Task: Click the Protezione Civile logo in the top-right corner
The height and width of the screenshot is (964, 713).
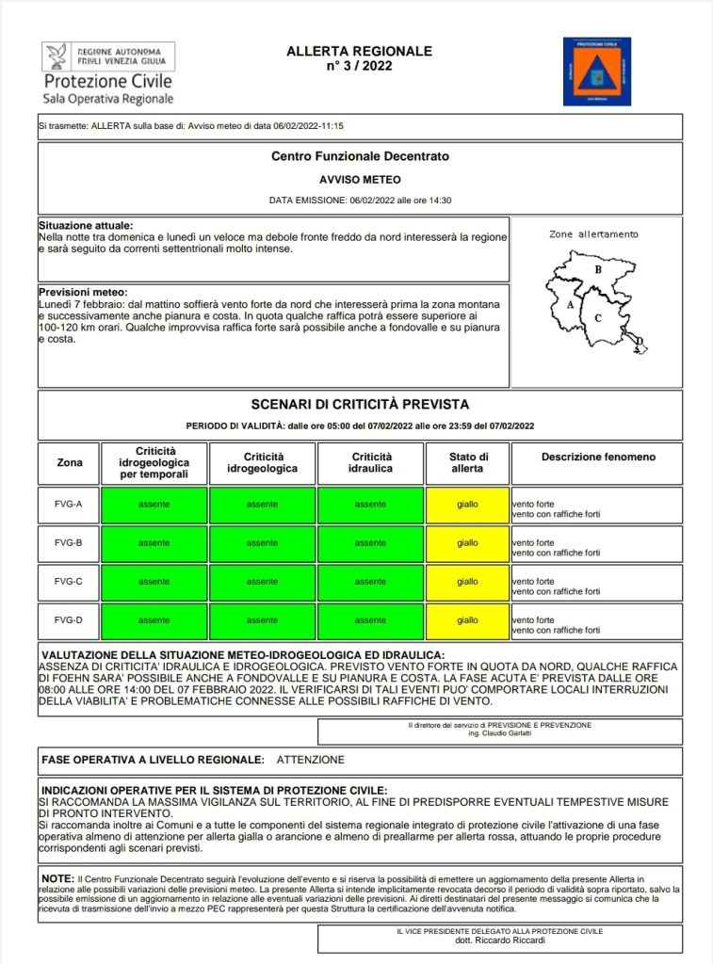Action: [x=597, y=72]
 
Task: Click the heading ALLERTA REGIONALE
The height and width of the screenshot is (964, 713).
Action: [x=359, y=51]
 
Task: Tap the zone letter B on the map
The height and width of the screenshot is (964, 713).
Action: [x=597, y=269]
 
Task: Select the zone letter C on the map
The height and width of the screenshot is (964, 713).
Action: [x=598, y=318]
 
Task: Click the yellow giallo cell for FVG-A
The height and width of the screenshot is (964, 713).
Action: [x=467, y=505]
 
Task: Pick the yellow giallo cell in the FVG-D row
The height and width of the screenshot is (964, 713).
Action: [x=467, y=620]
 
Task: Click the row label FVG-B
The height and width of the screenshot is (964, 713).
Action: [x=69, y=543]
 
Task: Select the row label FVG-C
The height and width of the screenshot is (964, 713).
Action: [x=69, y=582]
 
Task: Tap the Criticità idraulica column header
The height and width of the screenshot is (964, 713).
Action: [x=371, y=462]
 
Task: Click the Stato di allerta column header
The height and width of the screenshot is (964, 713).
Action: [x=467, y=462]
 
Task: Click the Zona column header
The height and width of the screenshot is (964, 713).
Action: [x=69, y=462]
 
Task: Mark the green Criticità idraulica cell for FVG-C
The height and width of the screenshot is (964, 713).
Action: [x=370, y=582]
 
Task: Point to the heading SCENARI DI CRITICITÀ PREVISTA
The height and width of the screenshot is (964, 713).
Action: [x=360, y=405]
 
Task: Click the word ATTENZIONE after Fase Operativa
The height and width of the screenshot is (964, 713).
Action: [x=311, y=760]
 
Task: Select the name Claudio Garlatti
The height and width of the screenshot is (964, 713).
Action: [x=500, y=733]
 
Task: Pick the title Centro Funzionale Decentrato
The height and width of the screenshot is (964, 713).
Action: [x=360, y=156]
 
